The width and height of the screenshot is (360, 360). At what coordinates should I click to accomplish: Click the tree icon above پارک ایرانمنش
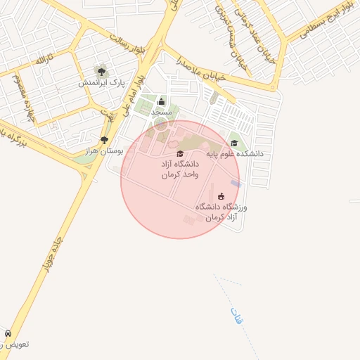(102, 71)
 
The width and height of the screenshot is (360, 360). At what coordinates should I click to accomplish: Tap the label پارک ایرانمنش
(101, 82)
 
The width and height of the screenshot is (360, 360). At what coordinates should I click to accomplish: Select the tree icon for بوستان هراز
(105, 140)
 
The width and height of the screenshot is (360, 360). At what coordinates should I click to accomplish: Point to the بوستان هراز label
(104, 150)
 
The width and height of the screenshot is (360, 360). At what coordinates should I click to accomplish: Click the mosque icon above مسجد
(162, 101)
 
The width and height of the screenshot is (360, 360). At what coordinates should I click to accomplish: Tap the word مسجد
(162, 112)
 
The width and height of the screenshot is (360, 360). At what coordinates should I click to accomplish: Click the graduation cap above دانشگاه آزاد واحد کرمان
(179, 153)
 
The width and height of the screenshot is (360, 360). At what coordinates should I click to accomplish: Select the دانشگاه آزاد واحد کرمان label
(180, 169)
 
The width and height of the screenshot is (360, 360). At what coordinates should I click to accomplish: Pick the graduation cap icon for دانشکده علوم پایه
(234, 143)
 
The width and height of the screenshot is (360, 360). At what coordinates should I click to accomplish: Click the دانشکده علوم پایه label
(234, 153)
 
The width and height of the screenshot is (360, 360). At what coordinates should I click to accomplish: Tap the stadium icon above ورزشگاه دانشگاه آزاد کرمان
(221, 196)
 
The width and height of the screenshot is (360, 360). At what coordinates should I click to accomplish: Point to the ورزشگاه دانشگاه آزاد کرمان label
(222, 212)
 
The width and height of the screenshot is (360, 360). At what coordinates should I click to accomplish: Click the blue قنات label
(236, 315)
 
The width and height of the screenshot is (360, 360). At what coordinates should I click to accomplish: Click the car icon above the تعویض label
(8, 333)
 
